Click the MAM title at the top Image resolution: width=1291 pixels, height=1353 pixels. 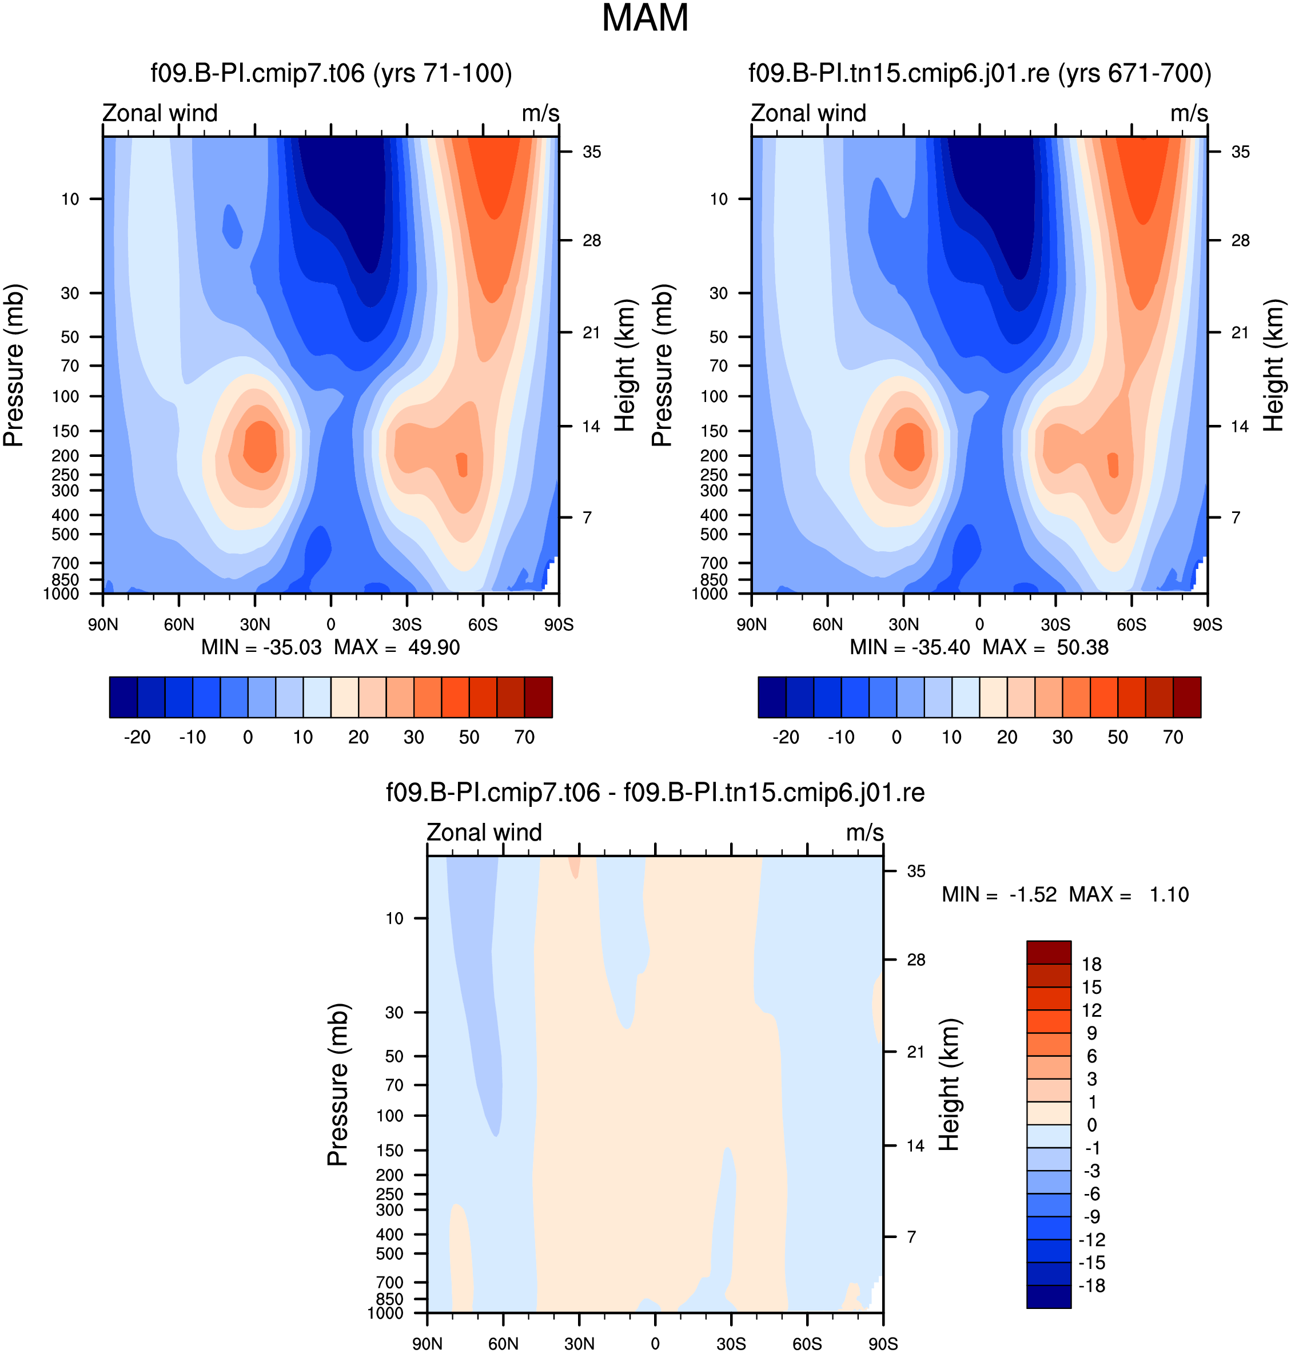click(x=645, y=18)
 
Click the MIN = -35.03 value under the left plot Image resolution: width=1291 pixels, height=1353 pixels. click(x=261, y=647)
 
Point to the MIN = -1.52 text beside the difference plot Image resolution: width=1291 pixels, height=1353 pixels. click(x=999, y=894)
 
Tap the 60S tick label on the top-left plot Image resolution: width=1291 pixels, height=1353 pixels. click(x=483, y=625)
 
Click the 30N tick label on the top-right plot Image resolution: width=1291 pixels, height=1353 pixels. click(x=903, y=625)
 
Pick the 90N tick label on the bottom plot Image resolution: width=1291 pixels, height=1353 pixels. click(x=427, y=1344)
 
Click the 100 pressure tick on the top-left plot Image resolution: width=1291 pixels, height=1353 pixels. click(x=66, y=396)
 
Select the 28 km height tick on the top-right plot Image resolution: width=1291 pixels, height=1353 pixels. click(x=1240, y=240)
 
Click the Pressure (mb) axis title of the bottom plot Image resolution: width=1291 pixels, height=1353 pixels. click(x=338, y=1085)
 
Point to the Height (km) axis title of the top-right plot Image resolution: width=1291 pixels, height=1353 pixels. click(x=1274, y=365)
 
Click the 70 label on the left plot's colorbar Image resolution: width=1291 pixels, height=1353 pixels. click(x=524, y=738)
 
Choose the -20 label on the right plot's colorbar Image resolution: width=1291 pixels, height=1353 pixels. click(x=786, y=738)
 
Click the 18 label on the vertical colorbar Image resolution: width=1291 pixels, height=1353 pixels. click(x=1091, y=964)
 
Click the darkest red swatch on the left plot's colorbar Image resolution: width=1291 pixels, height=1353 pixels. click(x=538, y=697)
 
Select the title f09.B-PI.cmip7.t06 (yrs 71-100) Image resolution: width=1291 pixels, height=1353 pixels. click(x=332, y=73)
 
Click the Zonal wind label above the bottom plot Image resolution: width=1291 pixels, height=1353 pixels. click(x=484, y=832)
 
